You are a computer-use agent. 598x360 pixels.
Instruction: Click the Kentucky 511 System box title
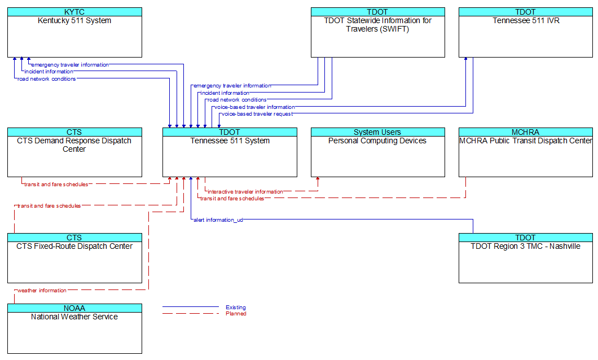point(74,20)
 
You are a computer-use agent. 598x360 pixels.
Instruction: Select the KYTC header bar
point(74,12)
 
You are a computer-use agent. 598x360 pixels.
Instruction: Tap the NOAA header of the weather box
point(74,308)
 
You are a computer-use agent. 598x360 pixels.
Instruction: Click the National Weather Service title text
point(74,317)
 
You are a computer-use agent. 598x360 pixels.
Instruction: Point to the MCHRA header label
point(526,132)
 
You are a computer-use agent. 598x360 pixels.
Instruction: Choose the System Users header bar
point(378,132)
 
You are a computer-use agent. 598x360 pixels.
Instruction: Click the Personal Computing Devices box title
point(377,141)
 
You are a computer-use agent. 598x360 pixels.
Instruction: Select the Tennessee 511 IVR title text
point(526,20)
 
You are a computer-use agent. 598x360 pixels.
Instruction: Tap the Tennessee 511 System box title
point(230,141)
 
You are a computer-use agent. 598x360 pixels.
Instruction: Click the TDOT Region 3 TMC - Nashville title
point(526,247)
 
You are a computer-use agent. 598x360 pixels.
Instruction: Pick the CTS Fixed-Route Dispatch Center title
point(74,247)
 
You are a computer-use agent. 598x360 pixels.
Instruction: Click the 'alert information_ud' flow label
point(218,220)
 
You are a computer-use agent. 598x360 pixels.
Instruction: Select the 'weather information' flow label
point(42,291)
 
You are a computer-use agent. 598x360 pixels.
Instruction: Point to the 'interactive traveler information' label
point(245,192)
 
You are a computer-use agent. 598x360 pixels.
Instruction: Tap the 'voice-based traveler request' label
point(257,114)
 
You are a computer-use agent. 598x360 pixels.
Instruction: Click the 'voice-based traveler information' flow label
point(255,107)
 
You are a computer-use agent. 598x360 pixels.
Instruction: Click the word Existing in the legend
point(236,308)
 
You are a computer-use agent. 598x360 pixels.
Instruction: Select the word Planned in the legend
point(236,314)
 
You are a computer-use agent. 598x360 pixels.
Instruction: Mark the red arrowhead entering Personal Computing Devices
point(318,178)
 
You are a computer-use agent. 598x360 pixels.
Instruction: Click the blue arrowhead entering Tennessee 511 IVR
point(465,59)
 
